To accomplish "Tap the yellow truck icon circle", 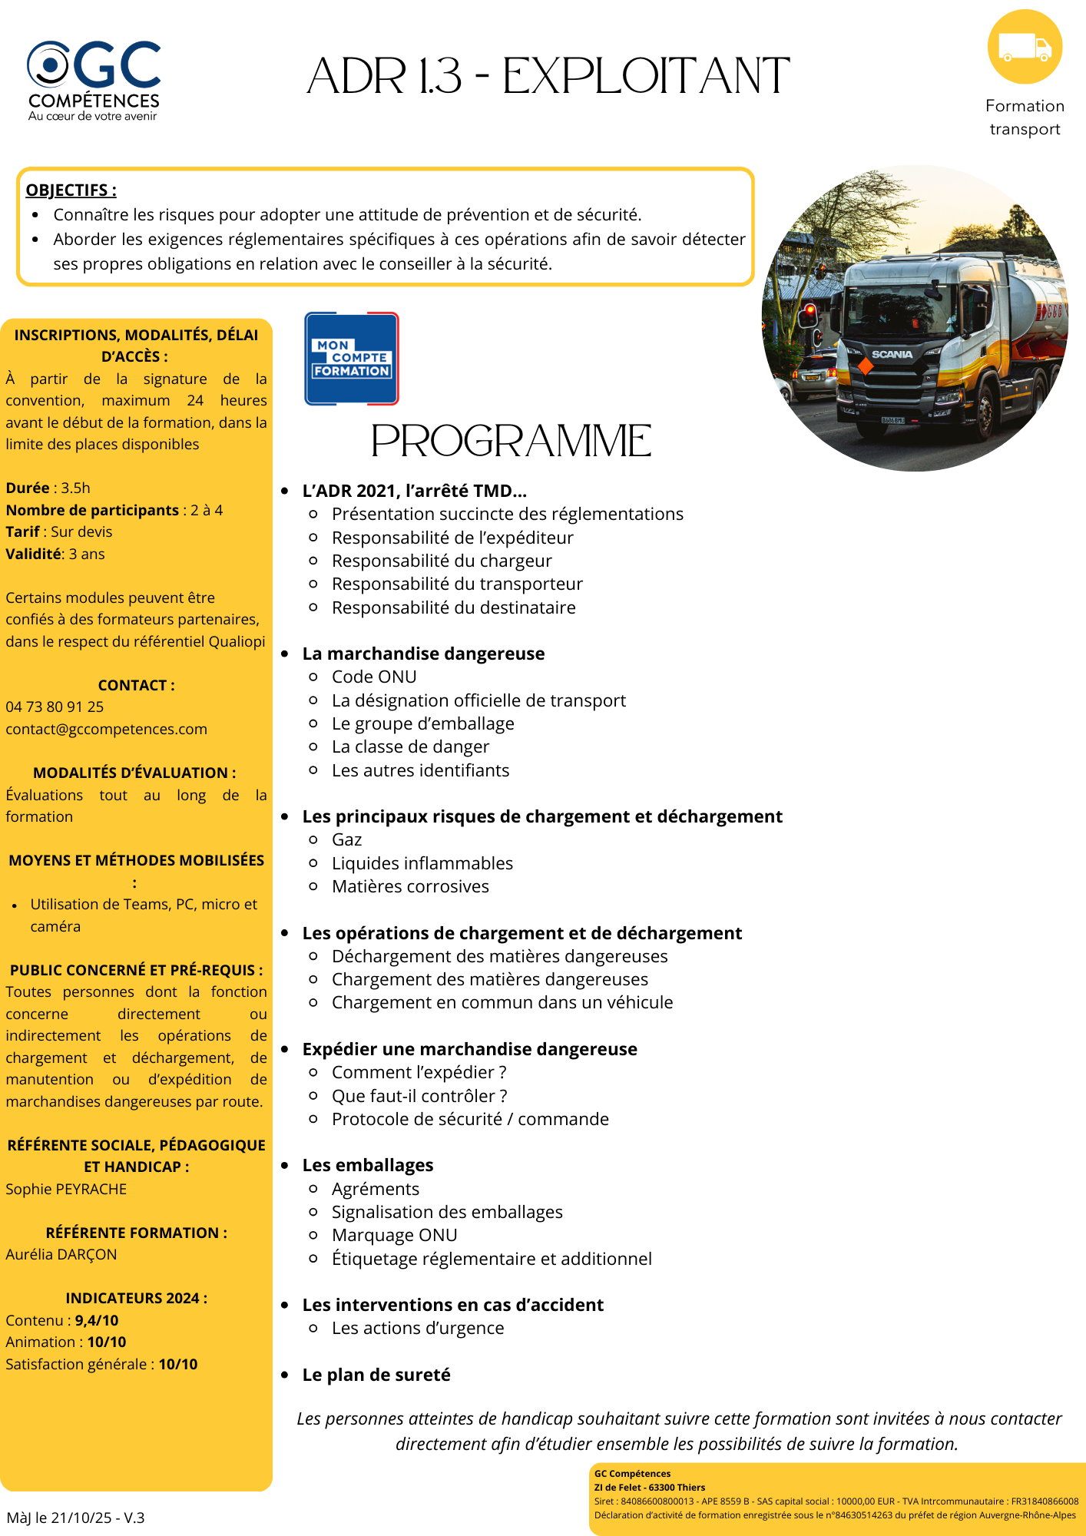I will (x=1025, y=47).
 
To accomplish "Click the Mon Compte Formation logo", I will (x=352, y=359).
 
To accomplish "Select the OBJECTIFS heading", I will (x=71, y=190).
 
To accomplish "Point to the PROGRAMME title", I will (x=512, y=441).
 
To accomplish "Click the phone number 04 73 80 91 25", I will (x=55, y=707).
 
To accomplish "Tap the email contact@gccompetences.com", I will (x=107, y=729).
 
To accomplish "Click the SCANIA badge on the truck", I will (x=892, y=355).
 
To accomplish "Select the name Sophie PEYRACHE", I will (x=66, y=1189).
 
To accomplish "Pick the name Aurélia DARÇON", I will (x=61, y=1254).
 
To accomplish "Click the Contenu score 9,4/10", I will (x=97, y=1320).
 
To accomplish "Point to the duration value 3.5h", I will (x=76, y=488).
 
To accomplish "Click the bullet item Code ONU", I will (x=374, y=677).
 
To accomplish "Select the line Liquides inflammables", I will (x=422, y=863).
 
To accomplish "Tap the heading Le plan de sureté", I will (x=376, y=1375).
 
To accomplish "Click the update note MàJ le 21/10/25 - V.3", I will (x=75, y=1518).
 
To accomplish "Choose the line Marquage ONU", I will (x=394, y=1235).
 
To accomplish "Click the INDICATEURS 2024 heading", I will (x=137, y=1298).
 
